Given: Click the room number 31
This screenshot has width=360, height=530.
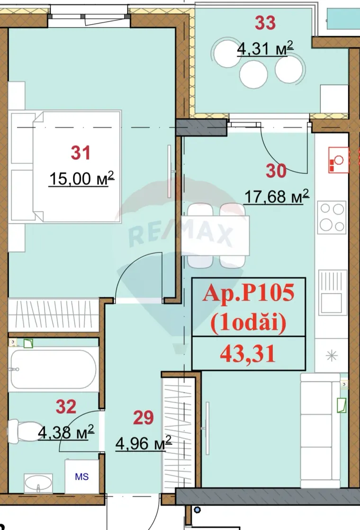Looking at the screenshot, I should tap(80, 153).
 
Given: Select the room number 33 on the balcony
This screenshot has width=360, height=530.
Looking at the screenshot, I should tap(265, 22).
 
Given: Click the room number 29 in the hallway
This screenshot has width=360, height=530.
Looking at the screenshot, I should tap(144, 417).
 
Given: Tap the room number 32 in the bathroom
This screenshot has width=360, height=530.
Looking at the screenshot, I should tap(66, 406).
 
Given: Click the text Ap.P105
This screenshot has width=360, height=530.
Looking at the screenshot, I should tap(248, 294).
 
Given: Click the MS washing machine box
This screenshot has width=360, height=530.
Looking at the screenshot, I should tap(82, 476).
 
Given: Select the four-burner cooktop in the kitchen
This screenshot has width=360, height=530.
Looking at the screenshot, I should tap(331, 216).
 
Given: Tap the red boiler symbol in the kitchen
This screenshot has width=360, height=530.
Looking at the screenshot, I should tap(338, 161).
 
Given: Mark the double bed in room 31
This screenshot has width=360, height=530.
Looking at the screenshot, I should tap(76, 166).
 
